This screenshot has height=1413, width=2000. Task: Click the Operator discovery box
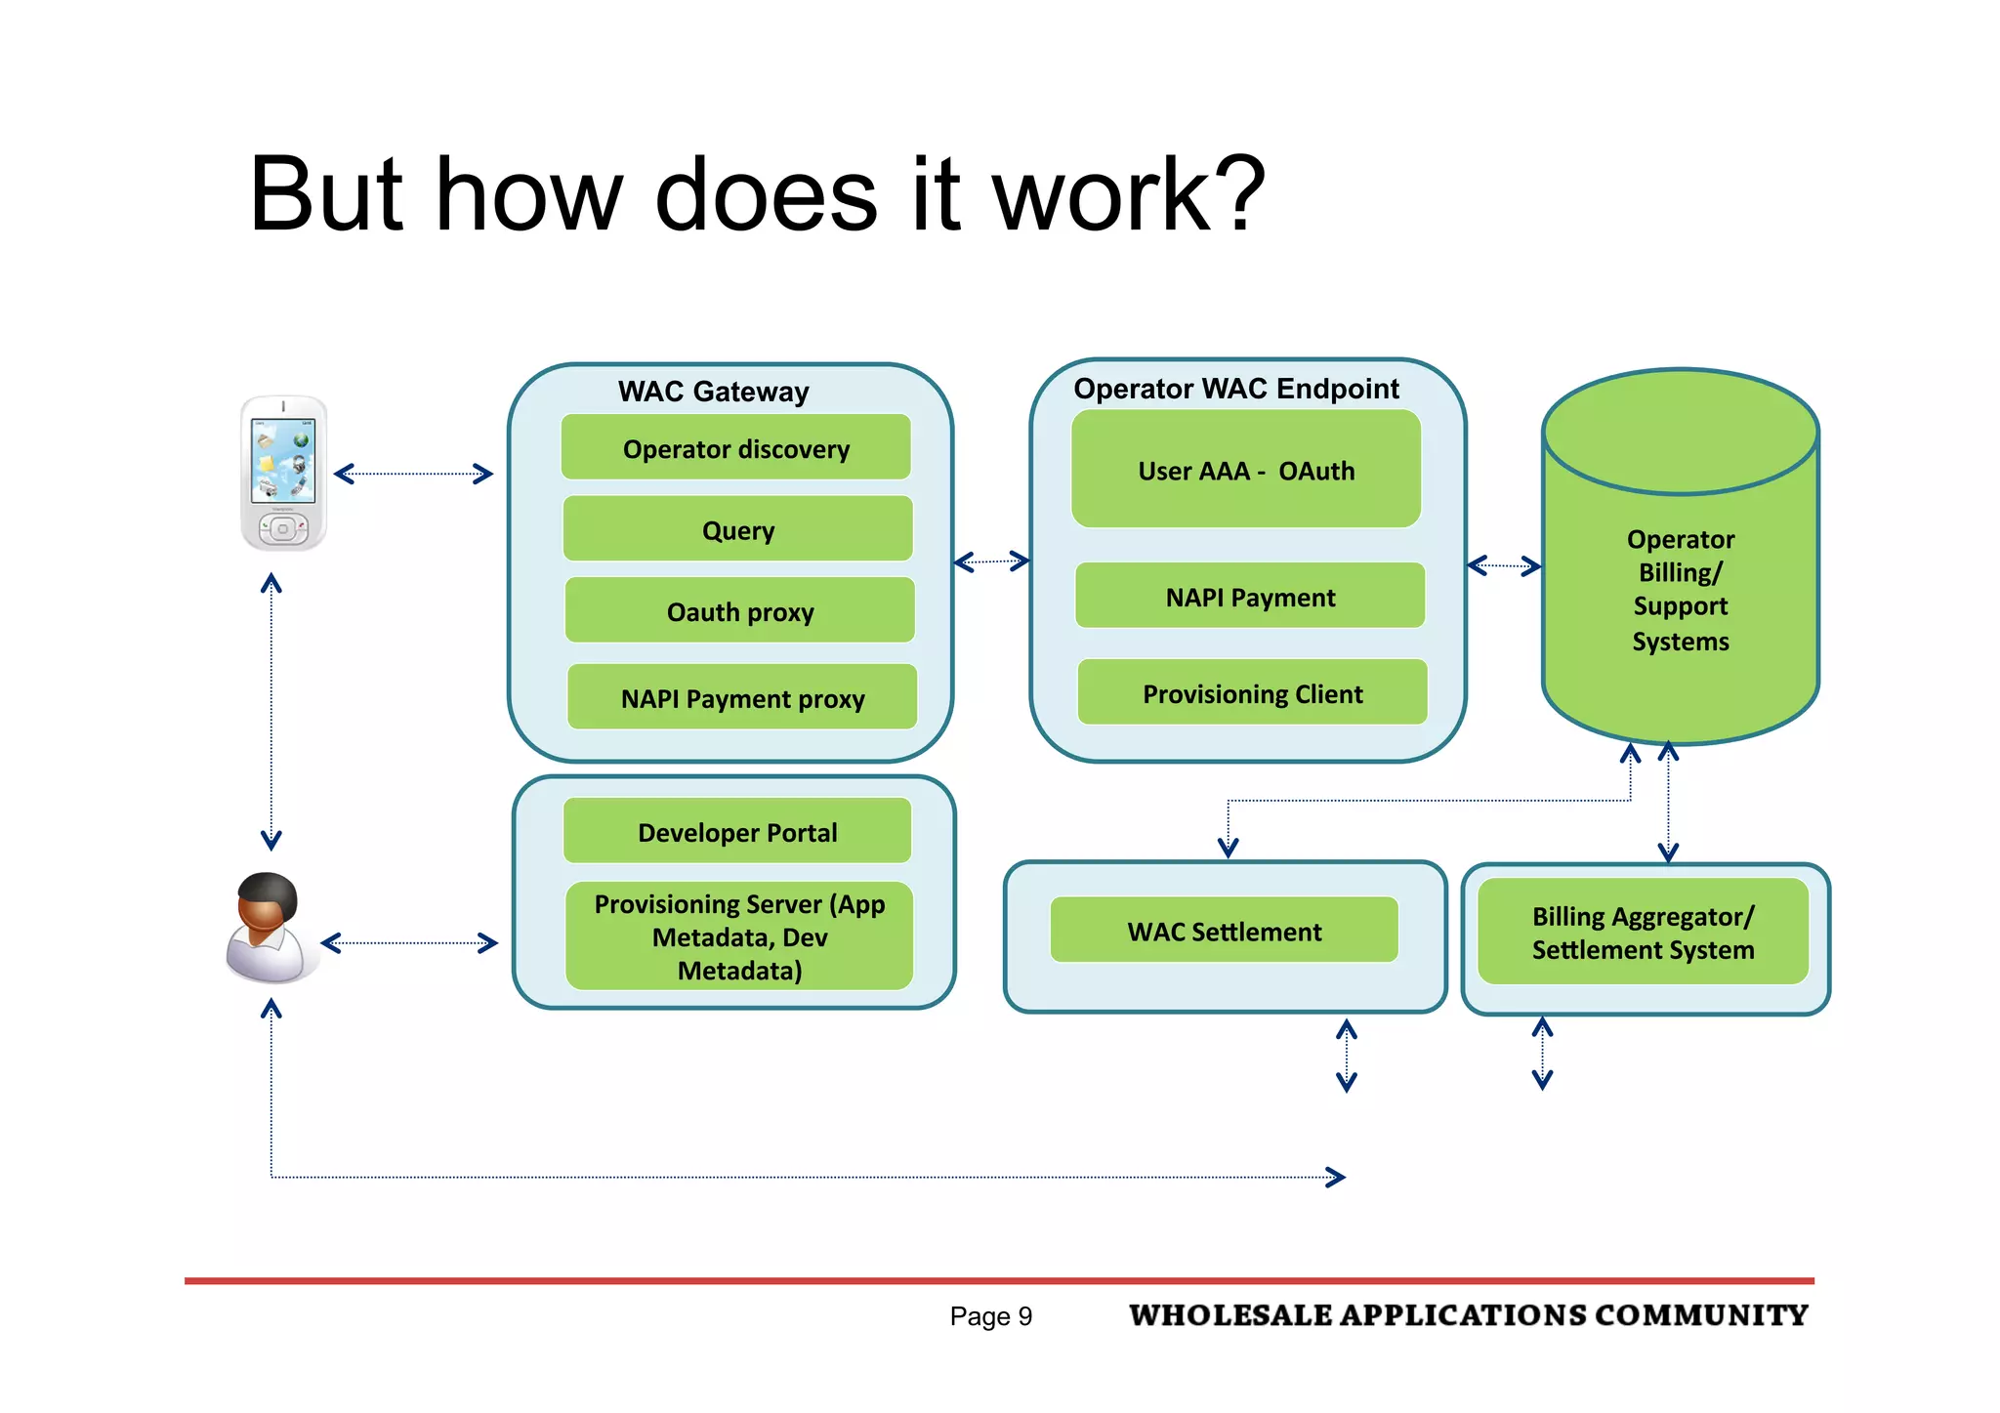pyautogui.click(x=736, y=448)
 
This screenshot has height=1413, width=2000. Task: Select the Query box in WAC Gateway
pyautogui.click(x=738, y=529)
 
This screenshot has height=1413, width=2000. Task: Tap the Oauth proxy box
pyautogui.click(x=740, y=611)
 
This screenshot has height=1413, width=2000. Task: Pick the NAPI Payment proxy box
pyautogui.click(x=742, y=697)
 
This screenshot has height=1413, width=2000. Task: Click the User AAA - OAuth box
pyautogui.click(x=1246, y=470)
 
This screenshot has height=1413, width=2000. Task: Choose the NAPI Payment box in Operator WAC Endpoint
pyautogui.click(x=1250, y=597)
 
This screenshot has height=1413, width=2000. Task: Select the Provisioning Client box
pyautogui.click(x=1253, y=693)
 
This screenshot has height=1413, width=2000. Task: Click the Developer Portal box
pyautogui.click(x=737, y=832)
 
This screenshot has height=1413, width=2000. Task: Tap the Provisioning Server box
pyautogui.click(x=739, y=936)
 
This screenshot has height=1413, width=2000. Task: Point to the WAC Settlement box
pyautogui.click(x=1225, y=931)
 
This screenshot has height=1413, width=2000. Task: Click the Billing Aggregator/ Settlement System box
pyautogui.click(x=1644, y=933)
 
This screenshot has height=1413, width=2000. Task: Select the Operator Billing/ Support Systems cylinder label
pyautogui.click(x=1681, y=590)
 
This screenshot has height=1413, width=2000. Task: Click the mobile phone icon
pyautogui.click(x=283, y=474)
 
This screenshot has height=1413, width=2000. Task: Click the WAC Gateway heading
pyautogui.click(x=714, y=392)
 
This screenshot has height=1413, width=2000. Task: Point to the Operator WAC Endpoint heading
pyautogui.click(x=1236, y=389)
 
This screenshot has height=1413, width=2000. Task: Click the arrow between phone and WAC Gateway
pyautogui.click(x=413, y=475)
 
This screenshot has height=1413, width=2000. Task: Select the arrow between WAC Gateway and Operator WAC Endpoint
pyautogui.click(x=991, y=561)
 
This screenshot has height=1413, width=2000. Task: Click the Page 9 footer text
pyautogui.click(x=990, y=1316)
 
